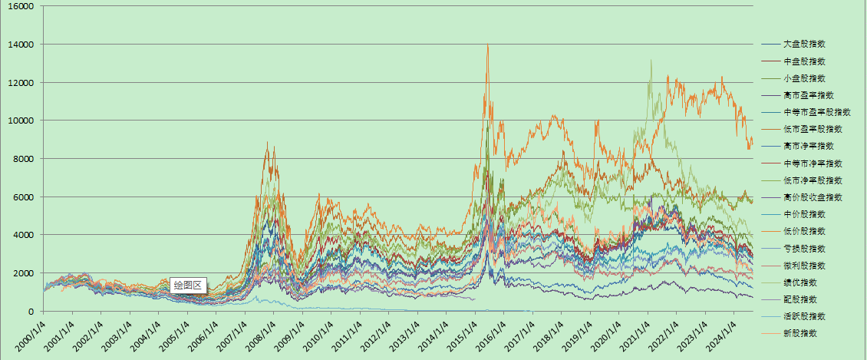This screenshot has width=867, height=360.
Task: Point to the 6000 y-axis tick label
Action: [x=25, y=197]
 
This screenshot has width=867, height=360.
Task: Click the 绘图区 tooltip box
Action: [x=188, y=286]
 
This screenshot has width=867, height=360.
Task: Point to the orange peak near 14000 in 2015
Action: [x=487, y=46]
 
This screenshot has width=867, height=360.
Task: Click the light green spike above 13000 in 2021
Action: [x=651, y=61]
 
